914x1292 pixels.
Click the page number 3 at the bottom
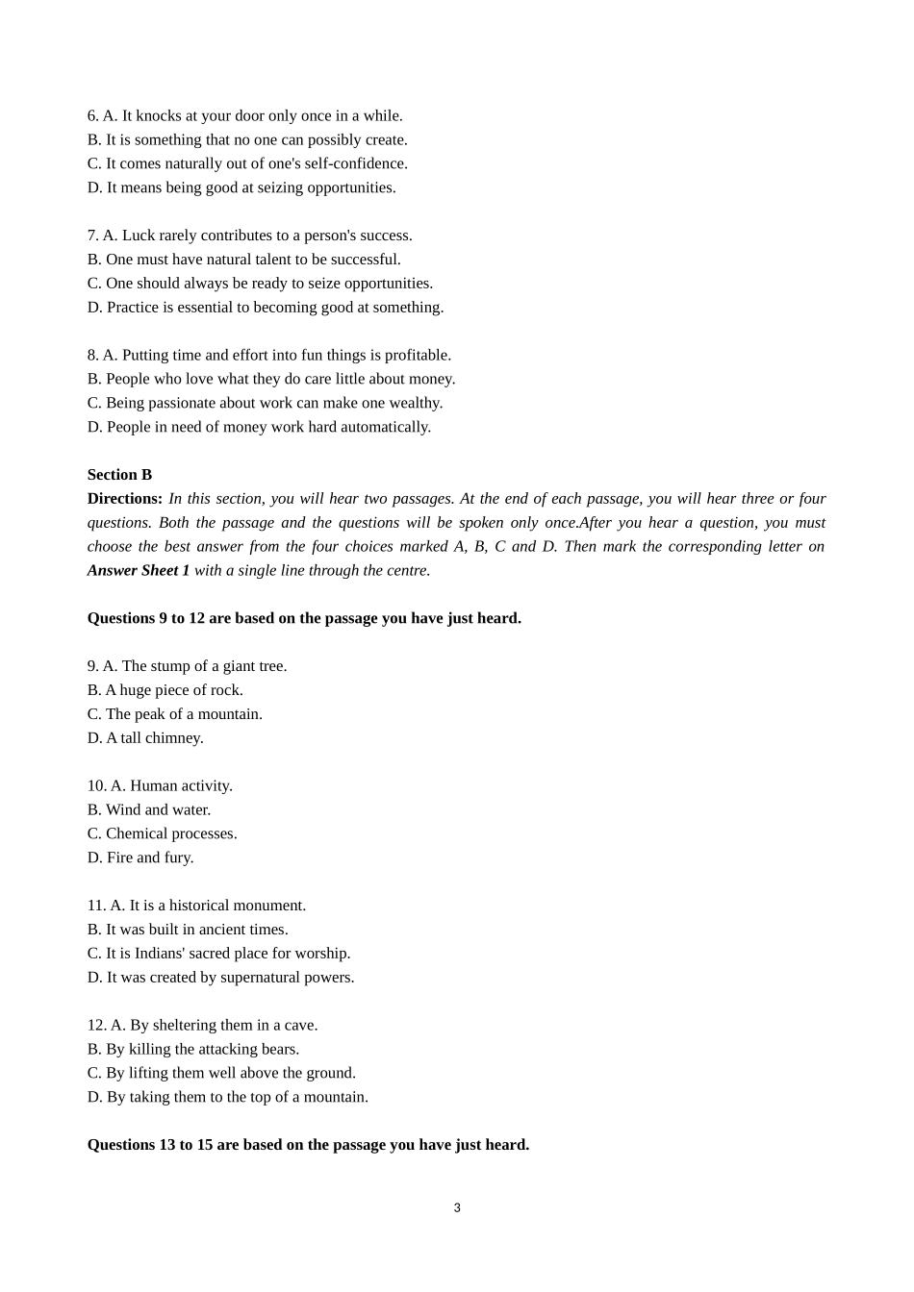point(457,1208)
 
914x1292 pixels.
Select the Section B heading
point(119,475)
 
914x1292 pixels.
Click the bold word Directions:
point(125,499)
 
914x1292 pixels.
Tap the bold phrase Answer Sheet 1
point(139,571)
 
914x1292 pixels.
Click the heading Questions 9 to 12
point(304,618)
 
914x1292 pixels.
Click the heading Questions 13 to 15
point(308,1145)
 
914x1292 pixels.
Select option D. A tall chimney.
point(145,738)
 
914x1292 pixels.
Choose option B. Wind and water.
point(149,810)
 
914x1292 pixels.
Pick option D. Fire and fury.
point(140,857)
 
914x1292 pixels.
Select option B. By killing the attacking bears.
point(193,1050)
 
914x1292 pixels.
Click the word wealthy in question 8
point(417,404)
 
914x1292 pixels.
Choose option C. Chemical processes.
point(162,834)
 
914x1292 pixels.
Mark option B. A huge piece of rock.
point(165,690)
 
